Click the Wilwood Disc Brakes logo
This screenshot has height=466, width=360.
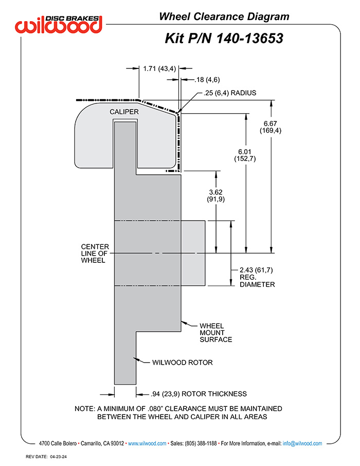tap(59, 24)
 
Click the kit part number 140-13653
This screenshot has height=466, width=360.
tap(249, 39)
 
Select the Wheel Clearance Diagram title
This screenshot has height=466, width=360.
tap(224, 16)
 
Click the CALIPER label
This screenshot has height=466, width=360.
tap(124, 112)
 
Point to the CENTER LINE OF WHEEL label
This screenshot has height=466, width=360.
tap(95, 254)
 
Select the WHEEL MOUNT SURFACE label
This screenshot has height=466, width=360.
tap(215, 333)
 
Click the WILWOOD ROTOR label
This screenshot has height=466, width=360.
tap(182, 362)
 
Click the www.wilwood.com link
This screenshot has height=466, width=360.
tap(147, 443)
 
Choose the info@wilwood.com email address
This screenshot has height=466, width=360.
tap(302, 443)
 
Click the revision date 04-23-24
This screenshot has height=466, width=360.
tap(58, 457)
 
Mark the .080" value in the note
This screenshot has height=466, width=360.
tap(155, 408)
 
